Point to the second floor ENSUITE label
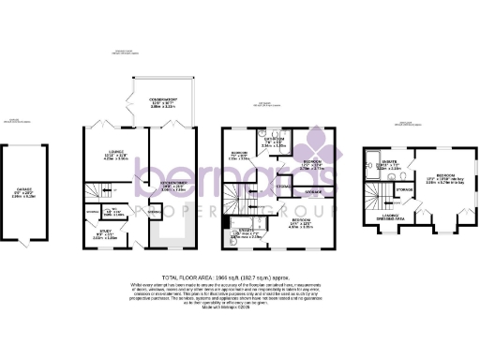(391, 167)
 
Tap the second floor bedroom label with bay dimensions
(444, 178)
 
